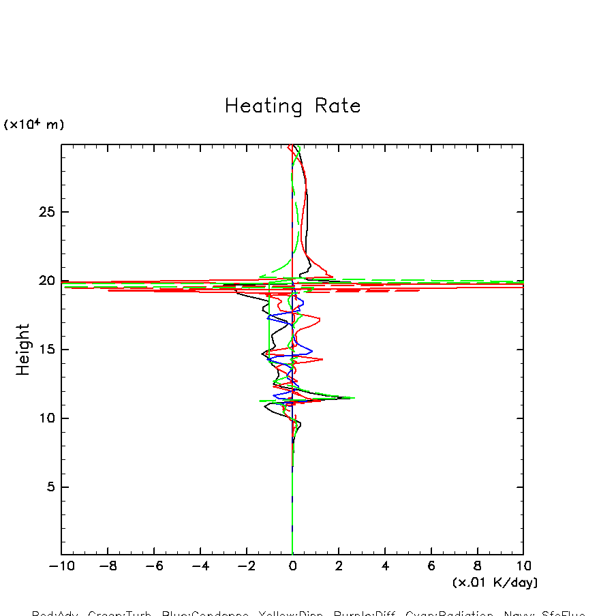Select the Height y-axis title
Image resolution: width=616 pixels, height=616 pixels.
(23, 350)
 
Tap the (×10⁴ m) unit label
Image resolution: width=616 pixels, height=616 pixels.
(34, 125)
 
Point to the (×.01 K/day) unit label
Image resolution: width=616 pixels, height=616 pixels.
(495, 583)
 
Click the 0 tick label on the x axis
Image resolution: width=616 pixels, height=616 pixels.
(292, 566)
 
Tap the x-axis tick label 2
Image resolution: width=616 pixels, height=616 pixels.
(339, 566)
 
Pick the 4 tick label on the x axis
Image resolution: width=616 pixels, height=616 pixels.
(385, 566)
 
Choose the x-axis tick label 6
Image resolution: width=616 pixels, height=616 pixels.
(431, 566)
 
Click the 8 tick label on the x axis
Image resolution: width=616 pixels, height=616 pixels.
(478, 566)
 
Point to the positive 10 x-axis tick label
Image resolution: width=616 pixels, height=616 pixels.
(523, 566)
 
